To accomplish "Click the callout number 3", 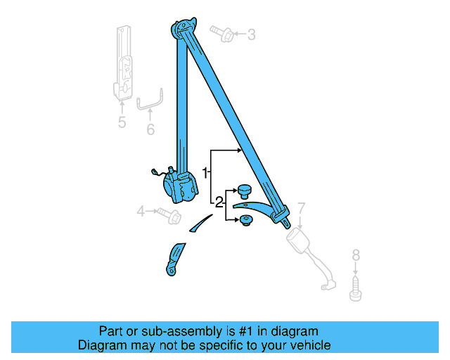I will (x=251, y=34).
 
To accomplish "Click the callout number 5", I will (x=122, y=122).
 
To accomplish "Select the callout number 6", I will (x=150, y=129).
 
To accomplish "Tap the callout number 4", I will (x=141, y=210).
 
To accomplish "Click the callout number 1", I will (x=205, y=172).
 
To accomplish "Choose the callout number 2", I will (x=219, y=202).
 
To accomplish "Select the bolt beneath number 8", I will (x=355, y=289).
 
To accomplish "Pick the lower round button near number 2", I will (x=246, y=221).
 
